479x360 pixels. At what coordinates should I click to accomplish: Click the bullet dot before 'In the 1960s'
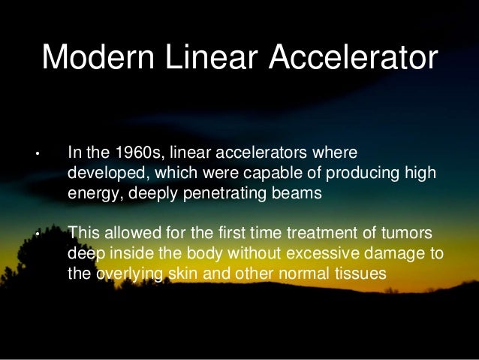pyautogui.click(x=35, y=156)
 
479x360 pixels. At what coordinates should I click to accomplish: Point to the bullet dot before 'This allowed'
pyautogui.click(x=35, y=234)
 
